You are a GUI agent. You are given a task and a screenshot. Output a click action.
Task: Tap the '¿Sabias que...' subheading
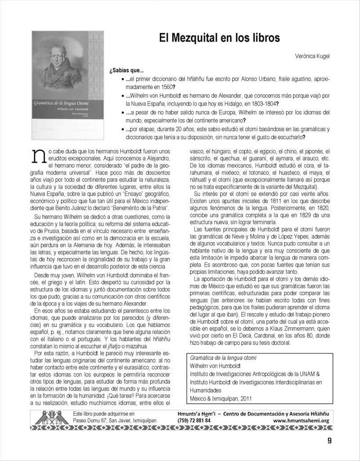click(x=126, y=71)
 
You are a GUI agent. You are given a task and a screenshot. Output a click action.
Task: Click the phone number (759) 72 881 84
click(x=198, y=421)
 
